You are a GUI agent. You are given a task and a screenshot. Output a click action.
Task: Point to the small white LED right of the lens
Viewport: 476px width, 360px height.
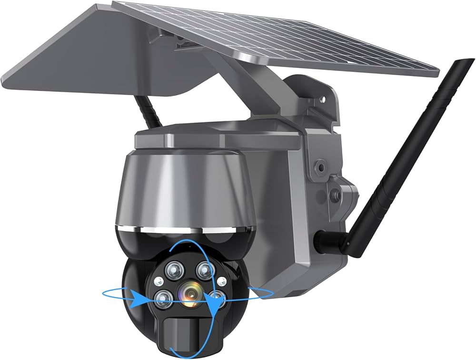(220, 282)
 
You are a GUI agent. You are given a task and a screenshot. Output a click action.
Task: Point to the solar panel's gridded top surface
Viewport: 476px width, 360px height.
(267, 38)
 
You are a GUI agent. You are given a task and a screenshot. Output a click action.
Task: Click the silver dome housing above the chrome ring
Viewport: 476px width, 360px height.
(186, 190)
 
